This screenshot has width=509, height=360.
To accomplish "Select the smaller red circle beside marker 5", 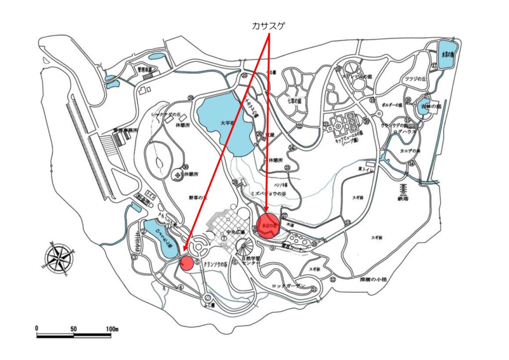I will pos(186,263).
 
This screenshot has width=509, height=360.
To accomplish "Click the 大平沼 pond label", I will pos(226,123).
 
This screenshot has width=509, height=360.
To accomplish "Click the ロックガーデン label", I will pos(288,286).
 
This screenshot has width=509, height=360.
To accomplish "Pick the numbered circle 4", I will pos(181,287).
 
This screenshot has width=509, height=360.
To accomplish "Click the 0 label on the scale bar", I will pos(37,329).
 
